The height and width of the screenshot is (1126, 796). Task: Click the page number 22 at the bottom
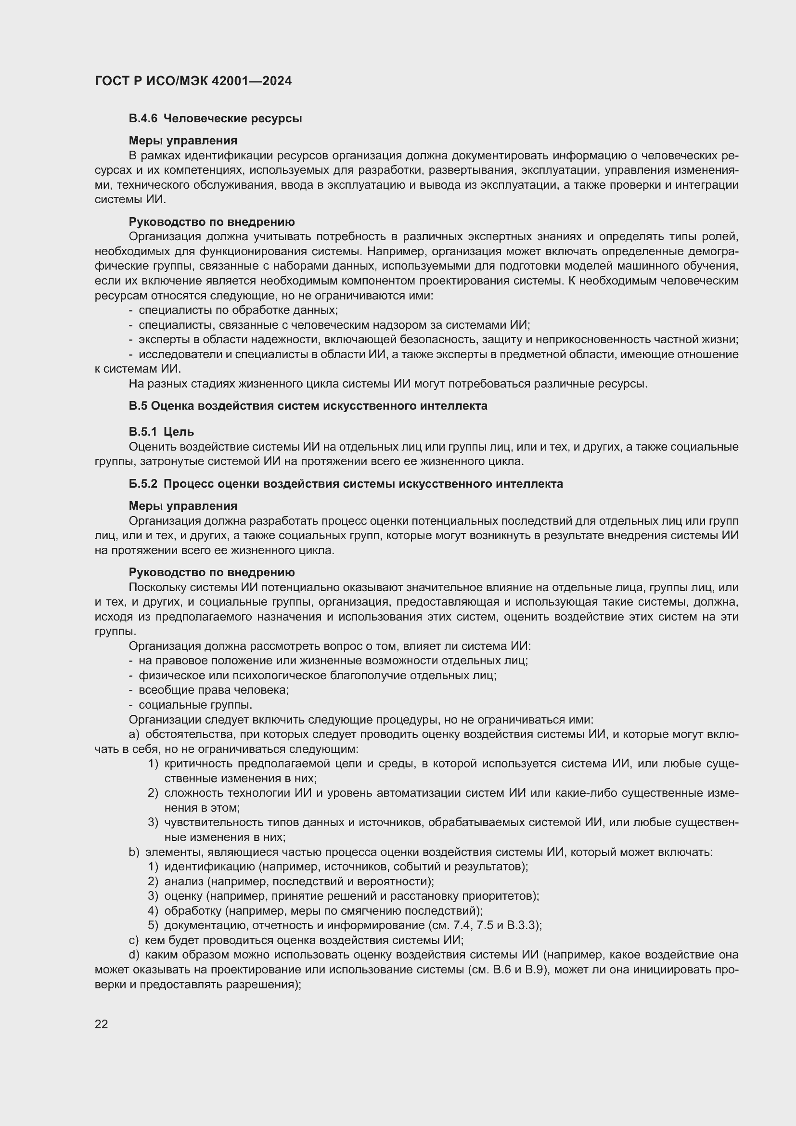pos(102,1024)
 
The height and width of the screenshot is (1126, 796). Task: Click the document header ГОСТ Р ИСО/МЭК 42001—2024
pos(193,81)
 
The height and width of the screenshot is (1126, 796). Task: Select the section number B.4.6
pos(142,119)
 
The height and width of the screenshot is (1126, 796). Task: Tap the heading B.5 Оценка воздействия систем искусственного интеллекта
pos(308,406)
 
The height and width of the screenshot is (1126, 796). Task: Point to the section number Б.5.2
pos(142,484)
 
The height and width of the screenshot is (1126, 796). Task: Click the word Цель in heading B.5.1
pos(179,432)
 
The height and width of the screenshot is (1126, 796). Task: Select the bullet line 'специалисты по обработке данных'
pos(238,311)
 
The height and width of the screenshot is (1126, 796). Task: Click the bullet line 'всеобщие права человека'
pos(214,690)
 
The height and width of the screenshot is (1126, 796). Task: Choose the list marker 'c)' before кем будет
pos(134,940)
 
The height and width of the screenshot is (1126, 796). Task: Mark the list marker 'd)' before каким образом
pos(134,955)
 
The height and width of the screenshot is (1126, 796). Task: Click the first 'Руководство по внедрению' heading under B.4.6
pos(212,222)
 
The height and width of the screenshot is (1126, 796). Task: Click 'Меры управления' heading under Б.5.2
pos(183,506)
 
